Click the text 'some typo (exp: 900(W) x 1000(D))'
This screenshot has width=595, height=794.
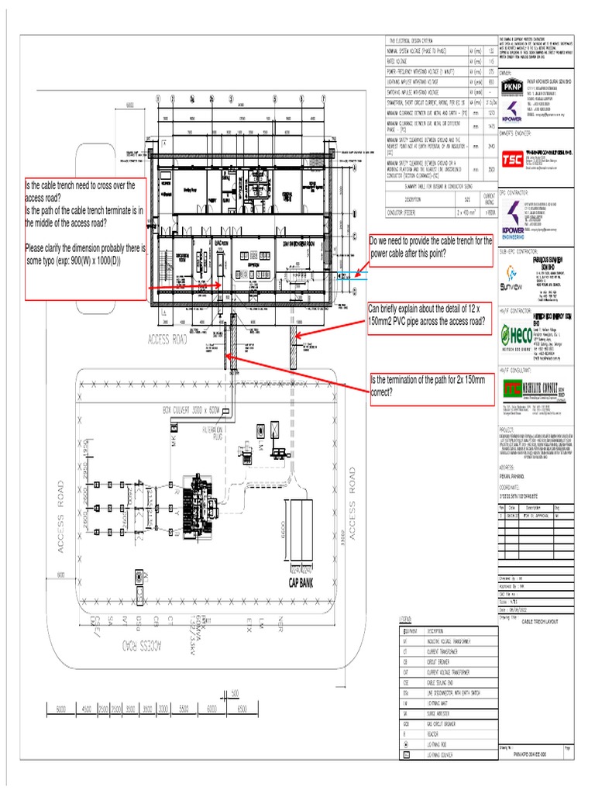[x=74, y=261]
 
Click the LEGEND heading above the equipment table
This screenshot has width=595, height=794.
[x=405, y=618]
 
